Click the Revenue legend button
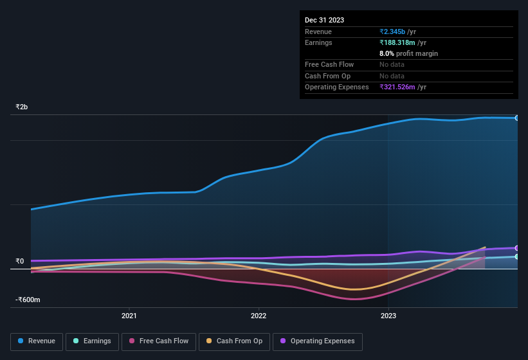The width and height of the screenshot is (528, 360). coord(37,341)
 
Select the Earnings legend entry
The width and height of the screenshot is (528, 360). coord(92,341)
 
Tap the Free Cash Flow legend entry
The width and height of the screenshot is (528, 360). coord(158,341)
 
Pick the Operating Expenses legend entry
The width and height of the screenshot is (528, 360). coord(318,341)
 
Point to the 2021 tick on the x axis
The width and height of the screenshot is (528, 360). coord(129,316)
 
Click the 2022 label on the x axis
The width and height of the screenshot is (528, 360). coord(259,316)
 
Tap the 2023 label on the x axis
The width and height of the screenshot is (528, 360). coord(388,316)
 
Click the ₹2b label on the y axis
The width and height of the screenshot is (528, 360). coord(22,107)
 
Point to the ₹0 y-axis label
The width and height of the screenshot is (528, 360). coord(19,261)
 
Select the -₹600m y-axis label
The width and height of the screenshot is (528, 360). coord(28,300)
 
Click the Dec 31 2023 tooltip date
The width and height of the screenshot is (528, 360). coord(324,20)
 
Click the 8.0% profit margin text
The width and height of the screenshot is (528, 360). coord(408,53)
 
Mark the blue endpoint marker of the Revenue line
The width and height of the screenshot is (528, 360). coord(517,118)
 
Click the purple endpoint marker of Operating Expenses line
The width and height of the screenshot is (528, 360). coord(517,248)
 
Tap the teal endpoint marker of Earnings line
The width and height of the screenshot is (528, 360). coord(517,256)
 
